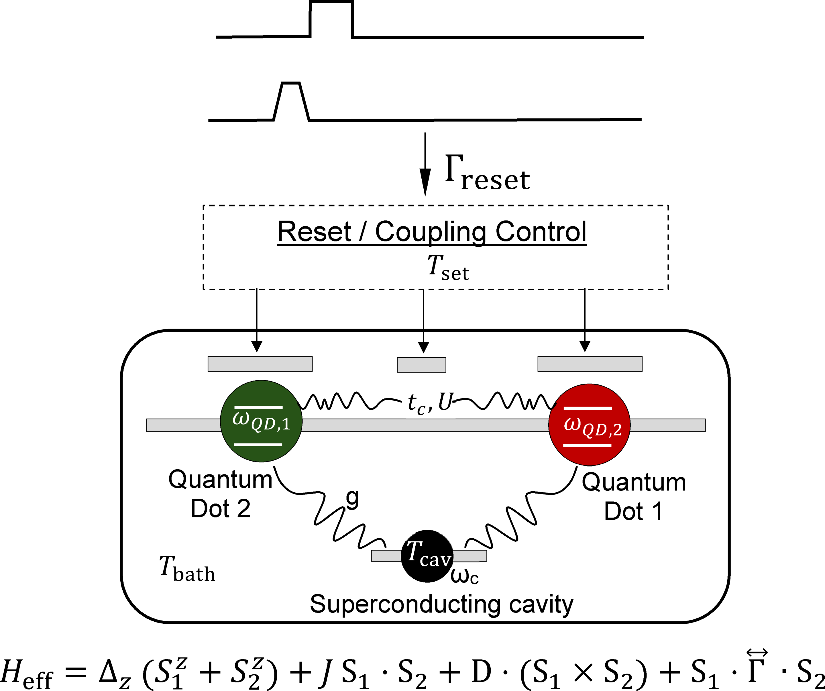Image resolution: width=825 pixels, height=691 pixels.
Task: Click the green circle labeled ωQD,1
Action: click(261, 421)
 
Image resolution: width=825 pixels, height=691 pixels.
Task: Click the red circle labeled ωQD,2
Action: click(589, 425)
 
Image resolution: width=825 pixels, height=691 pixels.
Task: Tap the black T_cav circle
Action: click(427, 556)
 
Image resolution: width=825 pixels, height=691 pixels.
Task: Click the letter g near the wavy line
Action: click(352, 498)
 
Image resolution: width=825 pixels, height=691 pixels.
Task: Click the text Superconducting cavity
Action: click(441, 604)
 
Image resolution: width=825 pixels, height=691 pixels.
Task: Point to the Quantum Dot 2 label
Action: click(220, 494)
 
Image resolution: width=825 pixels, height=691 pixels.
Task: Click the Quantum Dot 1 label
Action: click(633, 496)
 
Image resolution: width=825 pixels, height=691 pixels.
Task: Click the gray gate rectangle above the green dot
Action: click(260, 364)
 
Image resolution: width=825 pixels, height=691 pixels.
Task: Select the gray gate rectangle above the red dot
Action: click(590, 364)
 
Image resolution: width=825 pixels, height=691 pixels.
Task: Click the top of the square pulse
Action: click(331, 2)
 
